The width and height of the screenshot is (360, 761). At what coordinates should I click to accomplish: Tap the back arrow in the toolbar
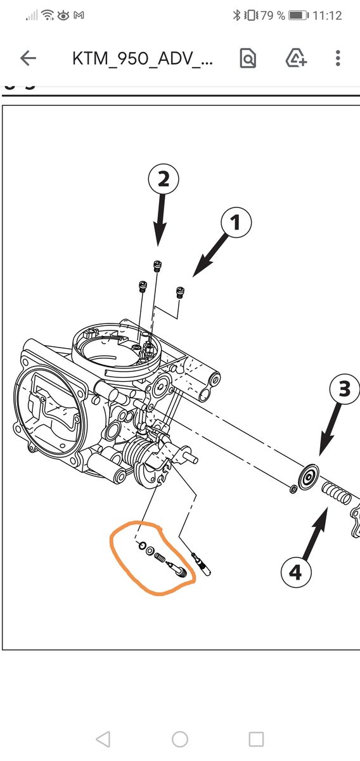[28, 58]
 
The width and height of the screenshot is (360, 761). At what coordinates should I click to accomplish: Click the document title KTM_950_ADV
[143, 58]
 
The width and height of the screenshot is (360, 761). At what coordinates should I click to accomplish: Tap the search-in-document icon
[248, 58]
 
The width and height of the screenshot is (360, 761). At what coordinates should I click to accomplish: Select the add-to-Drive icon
[296, 58]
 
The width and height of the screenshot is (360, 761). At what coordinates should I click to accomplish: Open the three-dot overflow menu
[338, 58]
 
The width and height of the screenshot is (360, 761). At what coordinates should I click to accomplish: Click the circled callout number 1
[236, 223]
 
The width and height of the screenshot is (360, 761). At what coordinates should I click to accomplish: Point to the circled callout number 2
[164, 179]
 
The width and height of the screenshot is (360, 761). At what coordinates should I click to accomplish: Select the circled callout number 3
[345, 389]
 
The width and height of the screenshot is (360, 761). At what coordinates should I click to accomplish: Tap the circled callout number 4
[296, 571]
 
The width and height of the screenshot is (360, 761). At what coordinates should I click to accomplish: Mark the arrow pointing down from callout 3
[330, 429]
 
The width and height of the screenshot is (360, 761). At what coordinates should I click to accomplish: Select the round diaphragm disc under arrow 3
[309, 478]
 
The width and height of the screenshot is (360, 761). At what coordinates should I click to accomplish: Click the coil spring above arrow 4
[336, 493]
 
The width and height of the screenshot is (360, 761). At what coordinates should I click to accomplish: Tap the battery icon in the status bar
[299, 15]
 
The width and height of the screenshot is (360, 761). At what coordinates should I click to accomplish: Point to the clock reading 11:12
[326, 15]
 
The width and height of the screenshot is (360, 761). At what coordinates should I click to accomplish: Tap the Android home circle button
[180, 739]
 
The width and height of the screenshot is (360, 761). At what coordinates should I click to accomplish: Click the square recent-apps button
[256, 739]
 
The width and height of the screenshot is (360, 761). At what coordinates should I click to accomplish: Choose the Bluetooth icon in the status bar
[236, 15]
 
